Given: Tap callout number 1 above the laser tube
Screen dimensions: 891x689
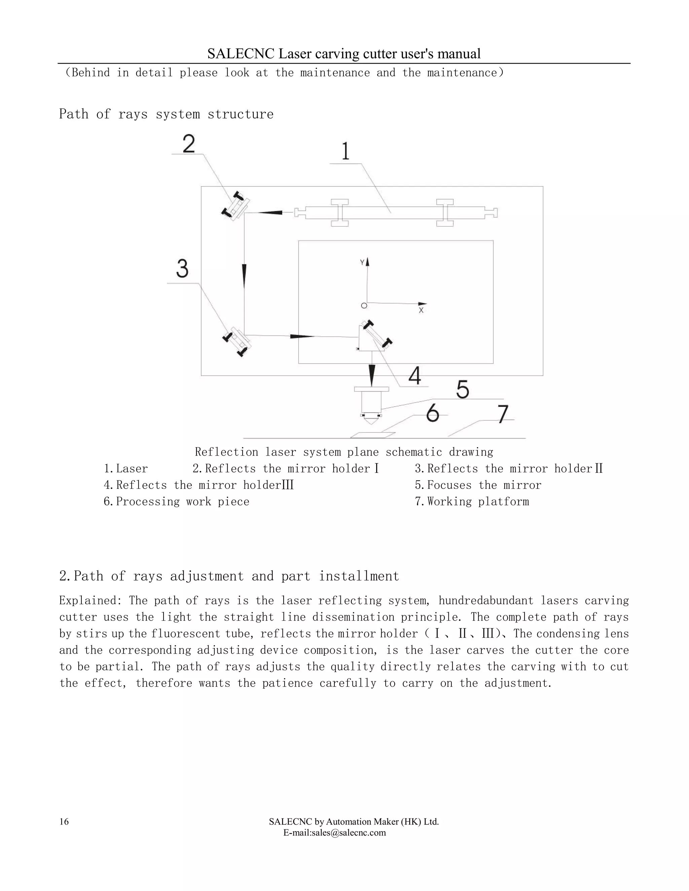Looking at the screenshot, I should point(345,151).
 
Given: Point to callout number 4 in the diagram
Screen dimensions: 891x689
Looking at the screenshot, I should point(415,376).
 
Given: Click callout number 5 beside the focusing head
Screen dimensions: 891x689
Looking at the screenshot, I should point(463,389).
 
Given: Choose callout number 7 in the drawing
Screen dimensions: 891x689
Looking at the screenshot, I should point(503,414).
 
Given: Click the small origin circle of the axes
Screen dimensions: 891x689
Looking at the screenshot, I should point(364,306).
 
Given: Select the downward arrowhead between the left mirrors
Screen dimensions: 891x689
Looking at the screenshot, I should point(244,276).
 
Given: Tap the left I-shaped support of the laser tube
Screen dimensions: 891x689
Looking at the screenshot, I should point(339,212).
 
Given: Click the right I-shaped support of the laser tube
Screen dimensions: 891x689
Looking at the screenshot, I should point(445,212).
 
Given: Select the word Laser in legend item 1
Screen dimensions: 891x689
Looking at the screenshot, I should point(132,469).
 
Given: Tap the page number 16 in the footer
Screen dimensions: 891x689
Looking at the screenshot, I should point(64,822).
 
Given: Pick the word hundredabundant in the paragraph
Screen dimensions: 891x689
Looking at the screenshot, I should point(486,601).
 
